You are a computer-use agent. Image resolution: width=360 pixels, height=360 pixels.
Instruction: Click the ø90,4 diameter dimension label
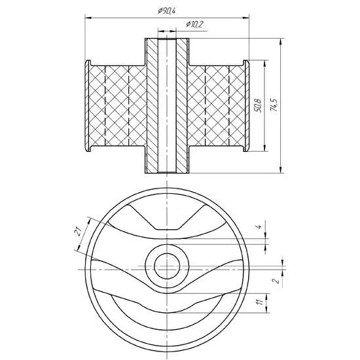tap(167, 10)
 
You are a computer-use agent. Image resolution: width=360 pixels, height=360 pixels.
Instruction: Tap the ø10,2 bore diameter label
tap(194, 24)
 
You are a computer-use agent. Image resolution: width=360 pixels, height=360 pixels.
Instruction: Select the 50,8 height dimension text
tap(258, 105)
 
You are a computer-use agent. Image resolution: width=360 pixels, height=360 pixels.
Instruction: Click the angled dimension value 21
tap(79, 231)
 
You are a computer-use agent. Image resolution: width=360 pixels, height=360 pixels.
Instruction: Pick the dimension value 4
tap(259, 226)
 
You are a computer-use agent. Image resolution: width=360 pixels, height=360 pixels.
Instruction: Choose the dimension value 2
tap(276, 280)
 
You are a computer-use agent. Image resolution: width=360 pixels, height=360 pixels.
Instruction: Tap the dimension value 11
tap(259, 302)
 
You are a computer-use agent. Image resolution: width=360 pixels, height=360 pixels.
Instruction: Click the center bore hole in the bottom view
tap(167, 266)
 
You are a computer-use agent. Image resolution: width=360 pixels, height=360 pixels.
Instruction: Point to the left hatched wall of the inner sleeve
tap(153, 105)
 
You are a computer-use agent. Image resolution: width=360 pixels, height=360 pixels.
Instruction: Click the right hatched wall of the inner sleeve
tap(181, 105)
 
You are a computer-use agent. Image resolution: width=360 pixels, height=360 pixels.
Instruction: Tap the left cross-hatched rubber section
tap(118, 105)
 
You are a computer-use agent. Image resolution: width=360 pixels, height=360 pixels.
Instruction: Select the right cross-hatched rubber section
tap(216, 105)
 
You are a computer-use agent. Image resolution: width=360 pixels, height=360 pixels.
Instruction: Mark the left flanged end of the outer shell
tap(88, 105)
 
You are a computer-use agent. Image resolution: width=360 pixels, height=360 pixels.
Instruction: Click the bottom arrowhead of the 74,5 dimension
tap(281, 169)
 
